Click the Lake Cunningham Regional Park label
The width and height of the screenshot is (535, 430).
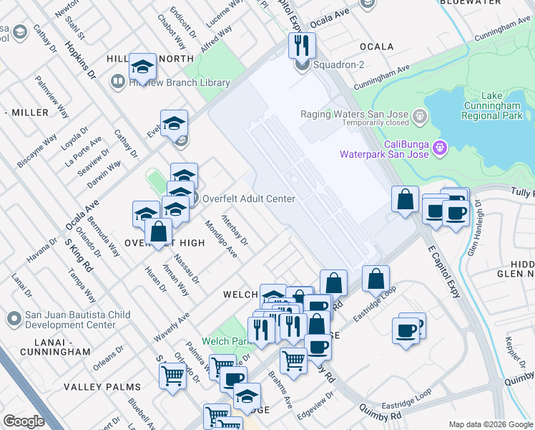click(x=492, y=105)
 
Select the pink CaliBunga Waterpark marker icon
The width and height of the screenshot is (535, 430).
click(x=440, y=148)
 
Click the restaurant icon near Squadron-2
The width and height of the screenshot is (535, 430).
click(x=302, y=46)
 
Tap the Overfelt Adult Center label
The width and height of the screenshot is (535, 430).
click(x=249, y=199)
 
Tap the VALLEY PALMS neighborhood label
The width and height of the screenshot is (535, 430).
click(x=102, y=387)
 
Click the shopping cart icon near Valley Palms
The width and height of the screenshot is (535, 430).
click(x=172, y=373)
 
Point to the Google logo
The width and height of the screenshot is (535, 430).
click(x=24, y=421)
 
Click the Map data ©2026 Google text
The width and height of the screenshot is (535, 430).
click(x=490, y=424)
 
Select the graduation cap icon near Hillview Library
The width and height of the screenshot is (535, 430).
click(x=143, y=68)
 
